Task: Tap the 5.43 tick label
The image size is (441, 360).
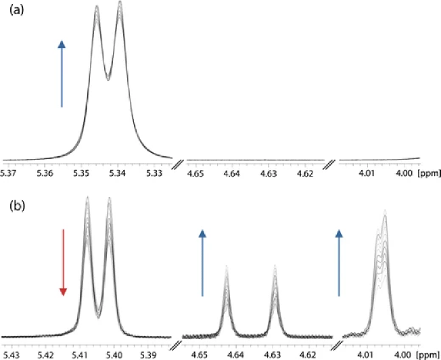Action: pos(11,354)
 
